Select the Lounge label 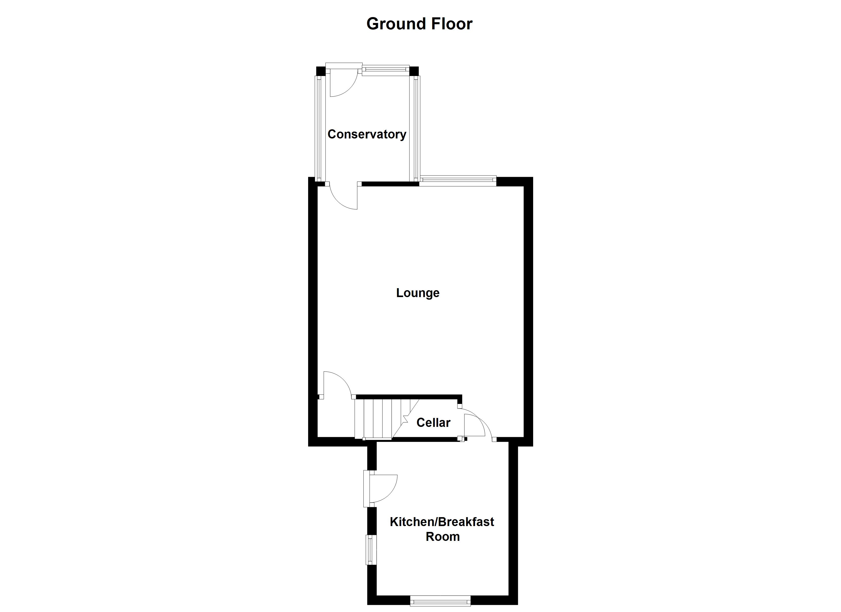(x=417, y=292)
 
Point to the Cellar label (x=433, y=422)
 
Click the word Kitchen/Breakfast (x=442, y=522)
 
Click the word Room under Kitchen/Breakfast (x=442, y=537)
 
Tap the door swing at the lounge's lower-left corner (x=336, y=386)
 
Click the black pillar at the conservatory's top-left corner (x=320, y=71)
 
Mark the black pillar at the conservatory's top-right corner (x=414, y=71)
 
